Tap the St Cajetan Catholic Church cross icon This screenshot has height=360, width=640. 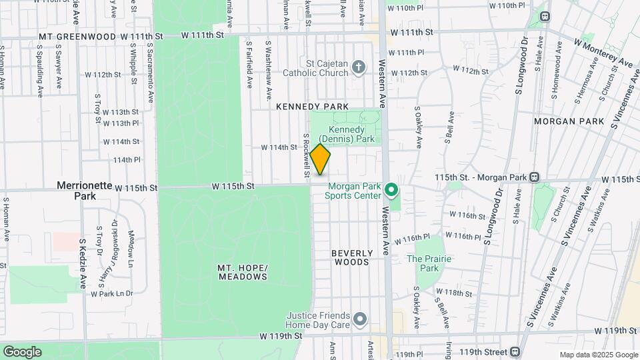[x=359, y=66]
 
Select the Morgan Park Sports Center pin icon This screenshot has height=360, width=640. [x=392, y=191]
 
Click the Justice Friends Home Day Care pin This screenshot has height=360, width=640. [x=360, y=319]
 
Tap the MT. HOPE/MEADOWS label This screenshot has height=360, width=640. [x=243, y=272]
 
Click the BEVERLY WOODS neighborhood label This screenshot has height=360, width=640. [x=351, y=257]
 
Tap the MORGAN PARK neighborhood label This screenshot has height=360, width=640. [x=569, y=121]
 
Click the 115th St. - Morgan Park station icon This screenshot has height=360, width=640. [x=533, y=178]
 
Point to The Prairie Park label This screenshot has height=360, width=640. [x=423, y=263]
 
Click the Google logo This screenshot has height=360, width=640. [x=22, y=352]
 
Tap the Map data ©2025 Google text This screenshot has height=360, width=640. [x=598, y=355]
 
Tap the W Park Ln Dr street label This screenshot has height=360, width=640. [x=111, y=293]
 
